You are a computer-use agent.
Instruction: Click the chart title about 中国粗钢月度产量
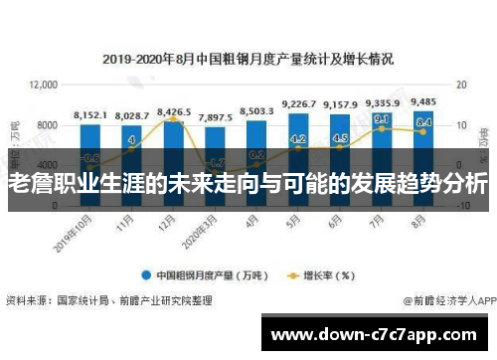tap(248, 59)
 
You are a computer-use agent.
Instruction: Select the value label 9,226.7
tap(299, 103)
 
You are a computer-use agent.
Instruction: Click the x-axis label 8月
tap(420, 224)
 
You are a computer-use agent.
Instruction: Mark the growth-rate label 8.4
tap(423, 122)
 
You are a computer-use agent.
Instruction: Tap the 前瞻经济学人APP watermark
tap(446, 298)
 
